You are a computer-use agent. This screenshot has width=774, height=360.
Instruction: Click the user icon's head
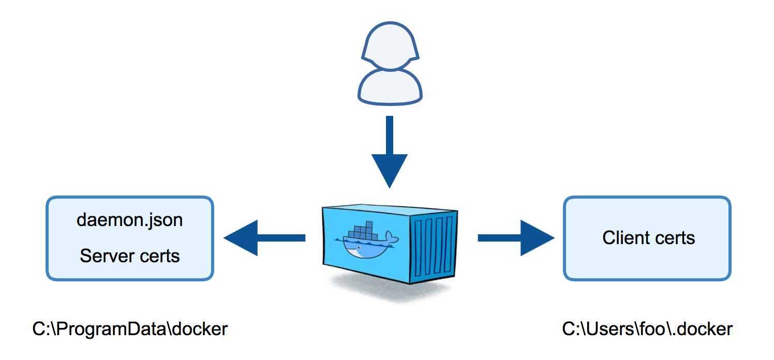pyautogui.click(x=390, y=46)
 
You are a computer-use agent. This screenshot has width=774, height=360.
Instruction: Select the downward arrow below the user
pyautogui.click(x=390, y=152)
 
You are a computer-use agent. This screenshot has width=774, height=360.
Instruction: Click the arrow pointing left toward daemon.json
pyautogui.click(x=264, y=238)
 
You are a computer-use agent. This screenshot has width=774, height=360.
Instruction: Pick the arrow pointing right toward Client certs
pyautogui.click(x=516, y=238)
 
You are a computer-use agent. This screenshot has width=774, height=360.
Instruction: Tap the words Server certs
pyautogui.click(x=129, y=256)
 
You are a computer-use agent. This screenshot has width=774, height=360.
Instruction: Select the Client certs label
pyautogui.click(x=649, y=238)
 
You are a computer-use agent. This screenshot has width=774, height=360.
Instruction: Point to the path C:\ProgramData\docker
pyautogui.click(x=130, y=329)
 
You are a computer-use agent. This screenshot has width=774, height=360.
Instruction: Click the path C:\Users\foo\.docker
pyautogui.click(x=647, y=329)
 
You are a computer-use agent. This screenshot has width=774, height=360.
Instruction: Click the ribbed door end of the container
pyautogui.click(x=434, y=247)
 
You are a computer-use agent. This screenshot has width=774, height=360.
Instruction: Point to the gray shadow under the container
pyautogui.click(x=391, y=289)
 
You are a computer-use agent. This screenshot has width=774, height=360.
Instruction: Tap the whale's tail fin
pyautogui.click(x=392, y=238)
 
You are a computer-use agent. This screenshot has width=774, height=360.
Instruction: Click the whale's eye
pyautogui.click(x=360, y=247)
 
